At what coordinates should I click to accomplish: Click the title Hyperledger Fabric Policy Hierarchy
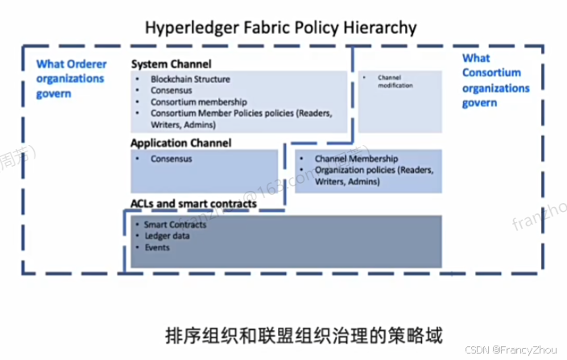[x=280, y=27]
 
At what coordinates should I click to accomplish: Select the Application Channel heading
[x=180, y=143]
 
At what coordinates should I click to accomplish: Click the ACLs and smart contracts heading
[x=193, y=204]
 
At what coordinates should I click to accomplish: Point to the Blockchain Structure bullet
[x=190, y=79]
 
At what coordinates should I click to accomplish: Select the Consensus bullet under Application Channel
[x=175, y=159]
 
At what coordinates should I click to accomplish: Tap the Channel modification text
[x=394, y=81]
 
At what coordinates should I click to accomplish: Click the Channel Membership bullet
[x=356, y=159]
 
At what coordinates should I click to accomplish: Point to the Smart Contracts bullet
[x=174, y=225]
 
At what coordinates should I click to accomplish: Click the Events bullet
[x=158, y=247]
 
